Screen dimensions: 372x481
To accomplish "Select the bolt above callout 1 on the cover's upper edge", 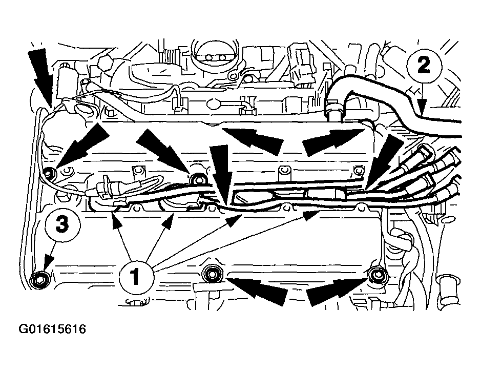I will [x=197, y=179].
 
